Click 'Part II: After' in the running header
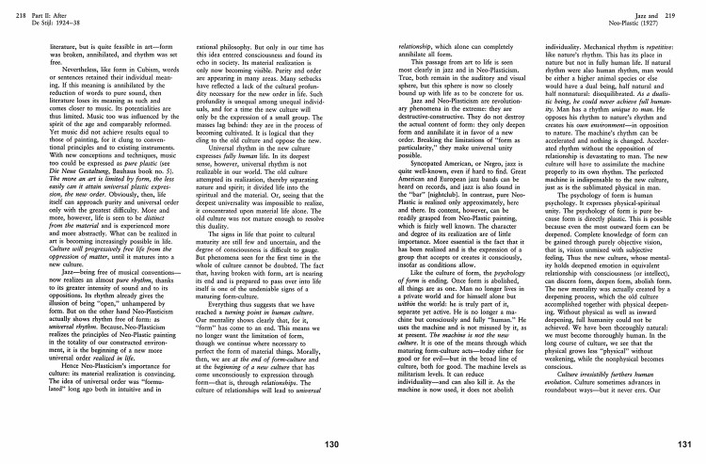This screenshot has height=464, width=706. tap(40, 7)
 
